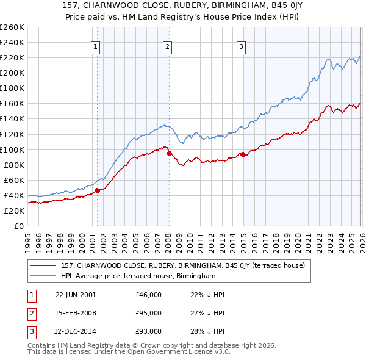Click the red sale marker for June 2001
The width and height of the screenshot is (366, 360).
click(97, 190)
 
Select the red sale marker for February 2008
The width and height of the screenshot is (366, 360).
click(169, 153)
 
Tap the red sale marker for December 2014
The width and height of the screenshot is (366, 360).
click(243, 154)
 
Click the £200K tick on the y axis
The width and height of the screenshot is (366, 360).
click(12, 73)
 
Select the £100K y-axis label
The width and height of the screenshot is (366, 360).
click(12, 149)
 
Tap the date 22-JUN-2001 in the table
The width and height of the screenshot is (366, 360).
click(76, 295)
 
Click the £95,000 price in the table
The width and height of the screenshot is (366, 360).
click(149, 313)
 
